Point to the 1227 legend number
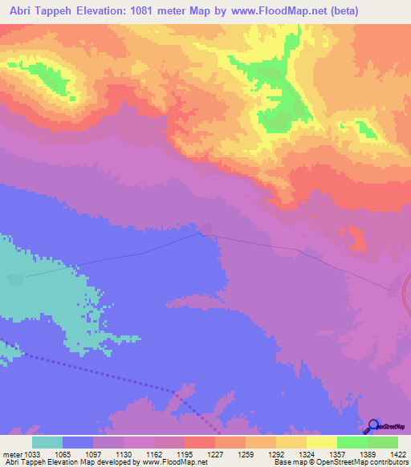point(214,453)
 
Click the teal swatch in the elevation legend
point(47,442)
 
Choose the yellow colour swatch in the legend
point(322,442)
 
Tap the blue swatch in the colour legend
point(78,442)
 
